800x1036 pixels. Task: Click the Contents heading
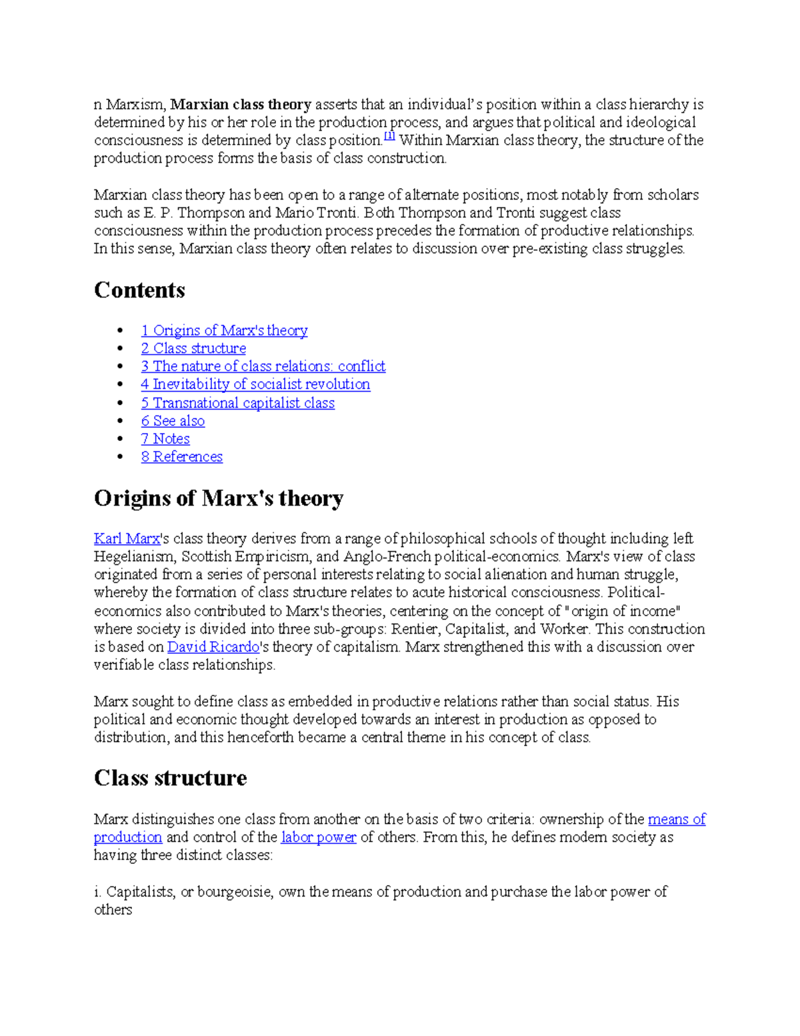[139, 290]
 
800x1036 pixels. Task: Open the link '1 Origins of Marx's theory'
[224, 330]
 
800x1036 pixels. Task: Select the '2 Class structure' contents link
[193, 348]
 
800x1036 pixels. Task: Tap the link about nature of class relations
[263, 366]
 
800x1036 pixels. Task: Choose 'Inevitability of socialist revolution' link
[255, 384]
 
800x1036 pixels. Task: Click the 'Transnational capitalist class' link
[237, 403]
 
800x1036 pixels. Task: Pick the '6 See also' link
[173, 421]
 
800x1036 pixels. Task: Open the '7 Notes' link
[165, 439]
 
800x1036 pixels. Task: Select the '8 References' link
[181, 457]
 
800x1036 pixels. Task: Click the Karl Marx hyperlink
[127, 538]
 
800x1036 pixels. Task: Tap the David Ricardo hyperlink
[213, 647]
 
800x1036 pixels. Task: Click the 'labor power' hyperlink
[319, 837]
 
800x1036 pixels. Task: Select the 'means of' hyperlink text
[676, 819]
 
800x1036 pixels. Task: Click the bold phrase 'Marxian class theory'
[241, 105]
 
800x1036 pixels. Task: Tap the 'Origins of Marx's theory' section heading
[219, 498]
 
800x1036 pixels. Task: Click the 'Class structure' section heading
[170, 778]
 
